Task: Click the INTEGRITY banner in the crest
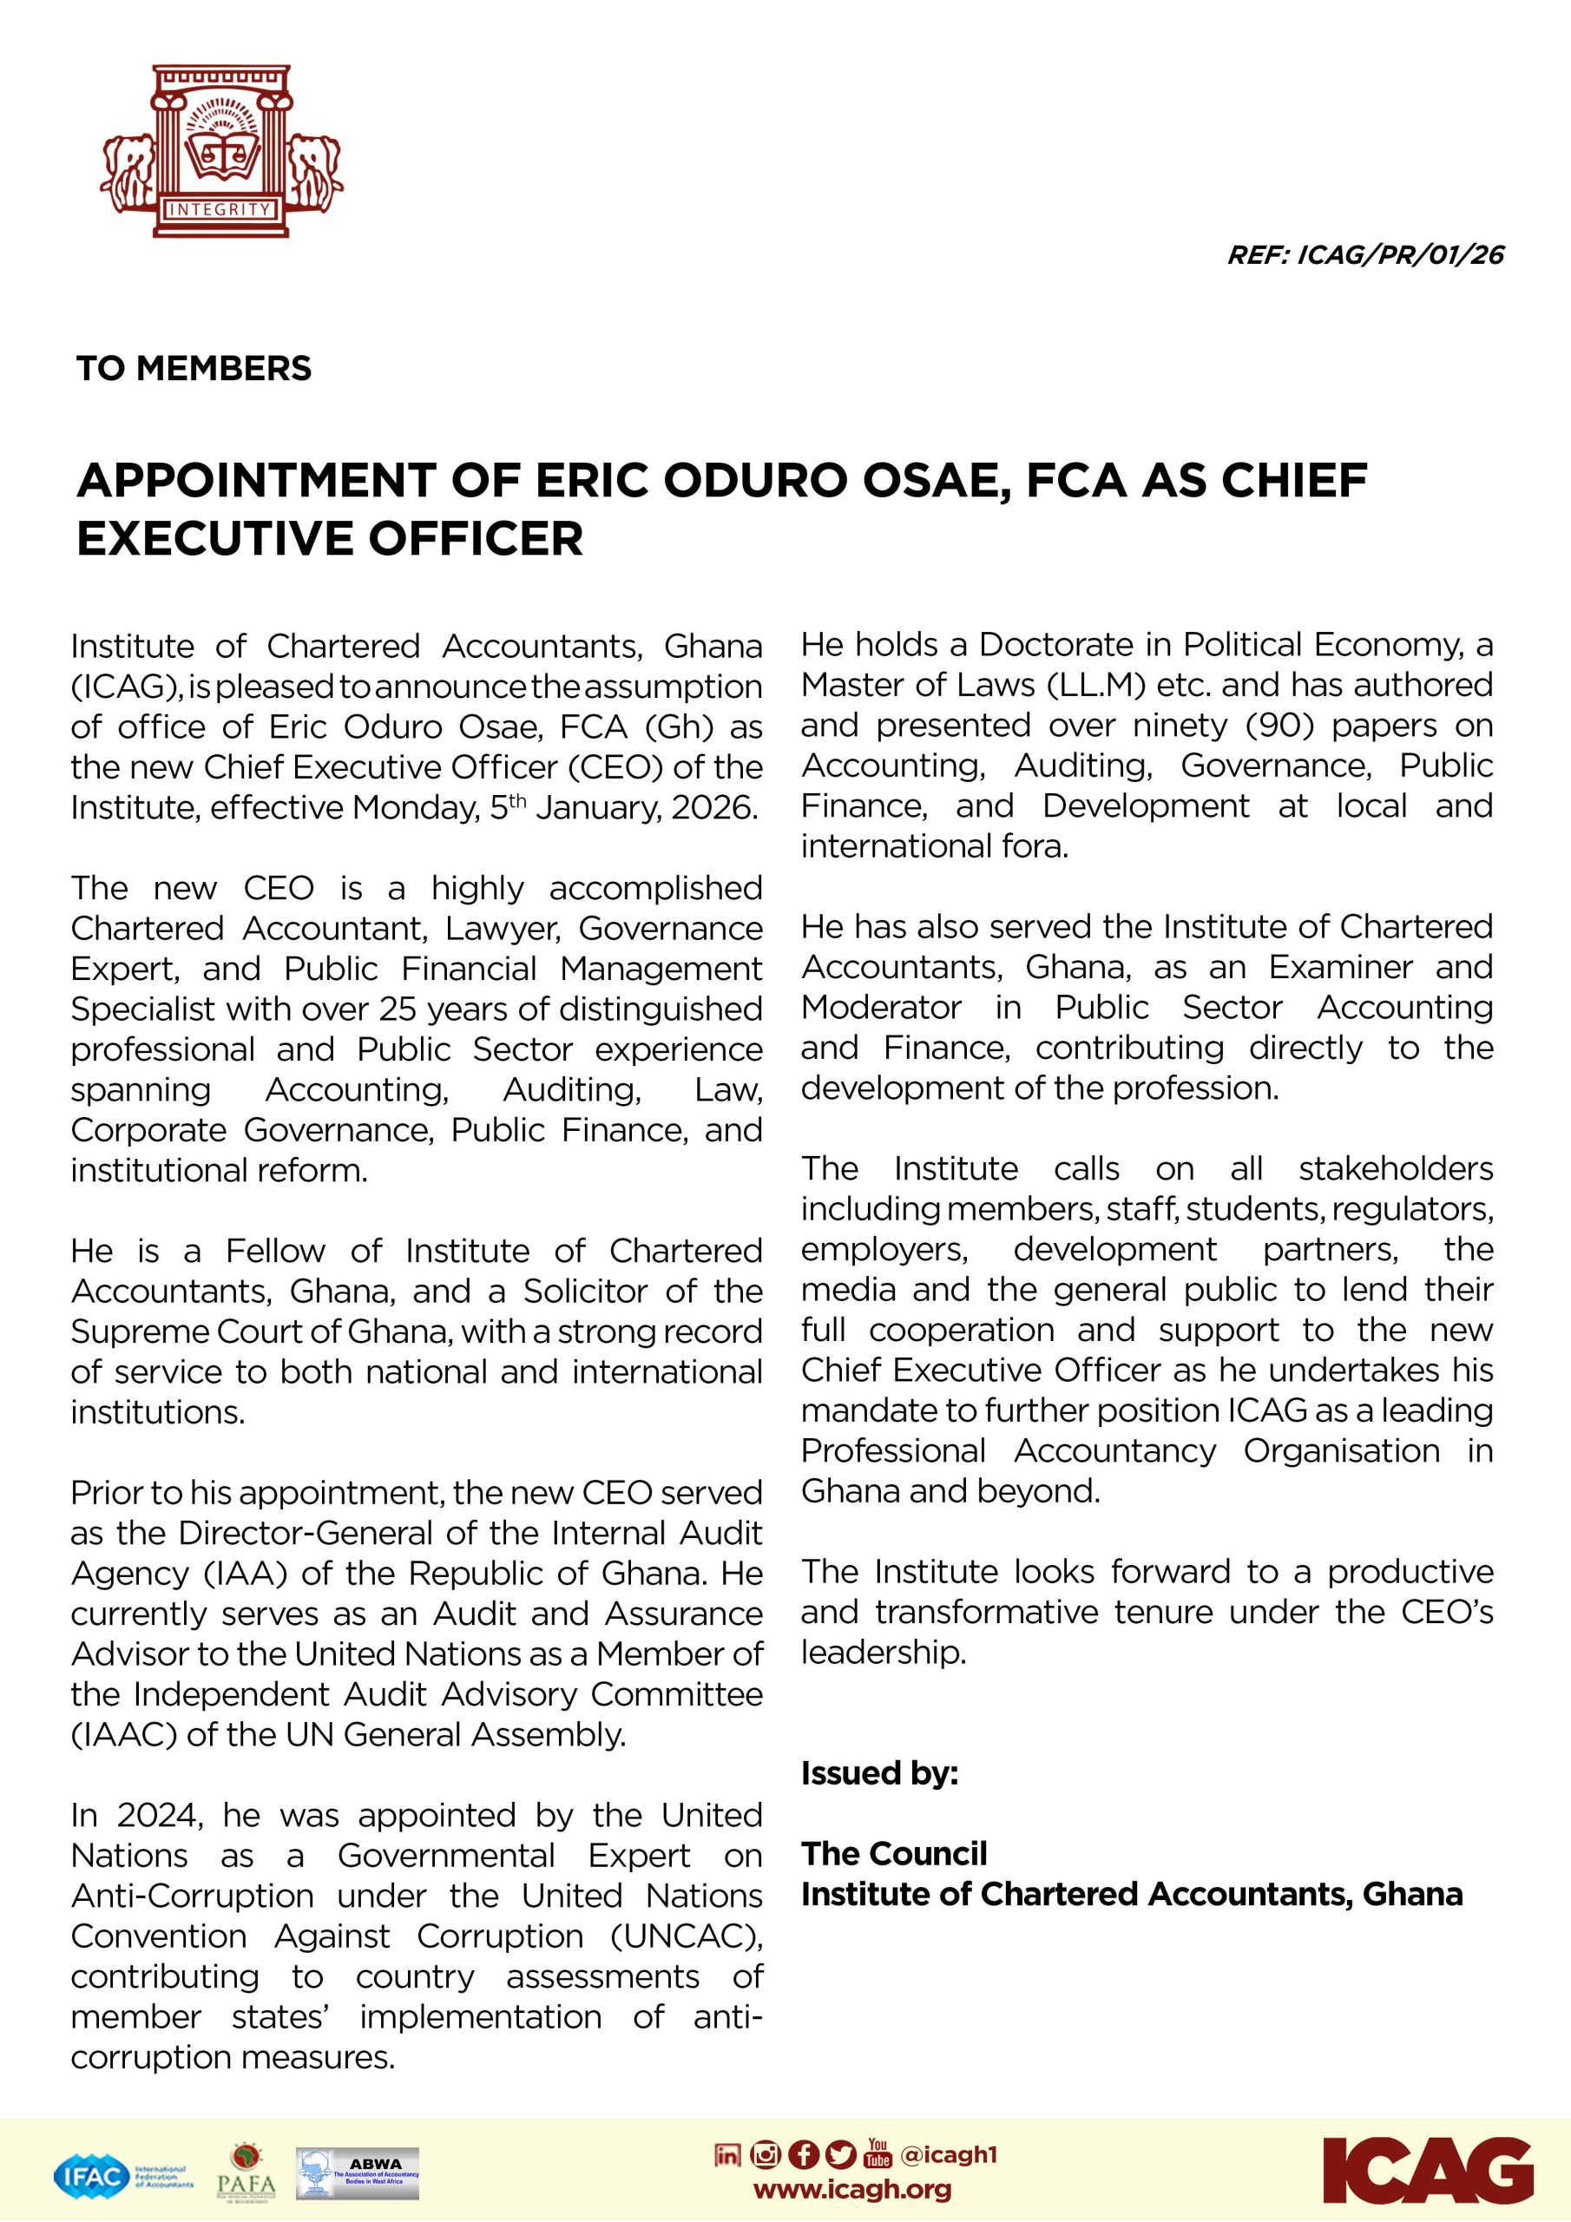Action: [x=220, y=209]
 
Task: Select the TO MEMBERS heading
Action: [x=194, y=369]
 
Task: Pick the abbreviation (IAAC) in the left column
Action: [x=123, y=1733]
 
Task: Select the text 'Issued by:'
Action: [x=879, y=1773]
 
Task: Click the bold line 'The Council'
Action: [x=893, y=1853]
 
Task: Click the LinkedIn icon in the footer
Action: [x=727, y=2154]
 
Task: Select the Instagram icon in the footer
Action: [x=765, y=2154]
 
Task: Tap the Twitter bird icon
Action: [x=841, y=2154]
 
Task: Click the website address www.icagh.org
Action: [x=851, y=2189]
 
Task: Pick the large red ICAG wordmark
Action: [x=1428, y=2170]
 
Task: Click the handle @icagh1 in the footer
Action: [x=948, y=2154]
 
